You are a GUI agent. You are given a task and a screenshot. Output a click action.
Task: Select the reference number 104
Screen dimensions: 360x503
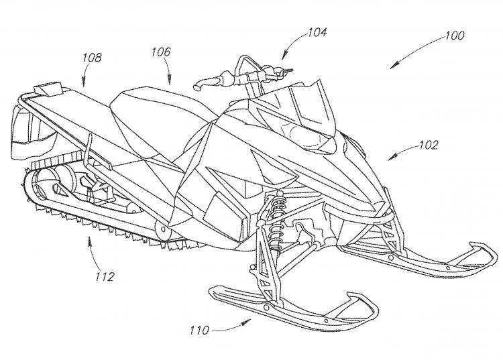click(x=317, y=31)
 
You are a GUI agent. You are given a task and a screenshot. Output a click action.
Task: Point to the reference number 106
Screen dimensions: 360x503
click(x=161, y=52)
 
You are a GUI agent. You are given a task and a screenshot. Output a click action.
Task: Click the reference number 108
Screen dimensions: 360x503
click(x=92, y=58)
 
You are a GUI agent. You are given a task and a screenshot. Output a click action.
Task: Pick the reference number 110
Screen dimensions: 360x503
click(x=199, y=330)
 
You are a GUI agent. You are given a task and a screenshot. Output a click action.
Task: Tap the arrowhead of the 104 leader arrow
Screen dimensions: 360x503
click(x=284, y=58)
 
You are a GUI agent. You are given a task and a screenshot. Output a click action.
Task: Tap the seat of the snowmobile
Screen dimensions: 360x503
click(x=144, y=114)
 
